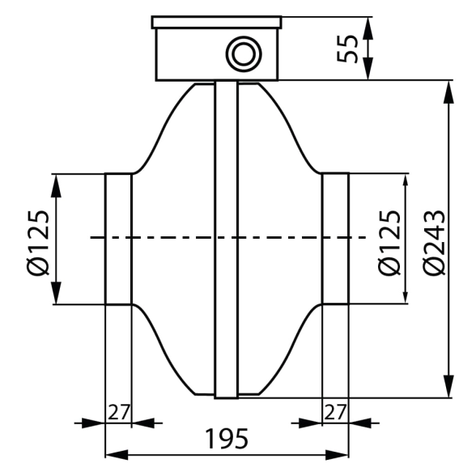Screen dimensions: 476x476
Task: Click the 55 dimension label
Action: [347, 49]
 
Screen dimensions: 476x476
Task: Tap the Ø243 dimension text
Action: [435, 243]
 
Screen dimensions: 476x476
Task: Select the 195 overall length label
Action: [227, 439]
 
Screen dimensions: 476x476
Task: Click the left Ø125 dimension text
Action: [38, 243]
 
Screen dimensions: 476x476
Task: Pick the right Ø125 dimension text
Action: [389, 243]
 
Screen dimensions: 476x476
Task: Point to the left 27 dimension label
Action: [119, 412]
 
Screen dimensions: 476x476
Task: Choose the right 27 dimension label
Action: [335, 412]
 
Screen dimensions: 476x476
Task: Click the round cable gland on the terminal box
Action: [244, 54]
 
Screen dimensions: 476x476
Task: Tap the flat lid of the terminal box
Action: [216, 23]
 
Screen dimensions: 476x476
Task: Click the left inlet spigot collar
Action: [119, 239]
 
